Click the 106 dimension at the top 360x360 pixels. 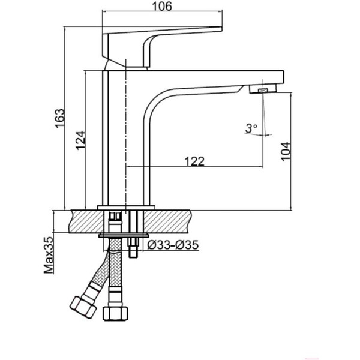tap(162, 6)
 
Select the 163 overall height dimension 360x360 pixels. tap(59, 118)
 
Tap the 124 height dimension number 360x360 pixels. tap(80, 140)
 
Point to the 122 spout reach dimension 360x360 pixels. tap(194, 161)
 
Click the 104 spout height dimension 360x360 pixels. tap(286, 152)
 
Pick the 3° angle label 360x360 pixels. tap(251, 128)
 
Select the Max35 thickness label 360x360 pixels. tap(49, 256)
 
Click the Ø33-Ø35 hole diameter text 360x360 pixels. tap(173, 245)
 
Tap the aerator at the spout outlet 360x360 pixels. tap(263, 90)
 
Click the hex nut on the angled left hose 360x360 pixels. tap(83, 307)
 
